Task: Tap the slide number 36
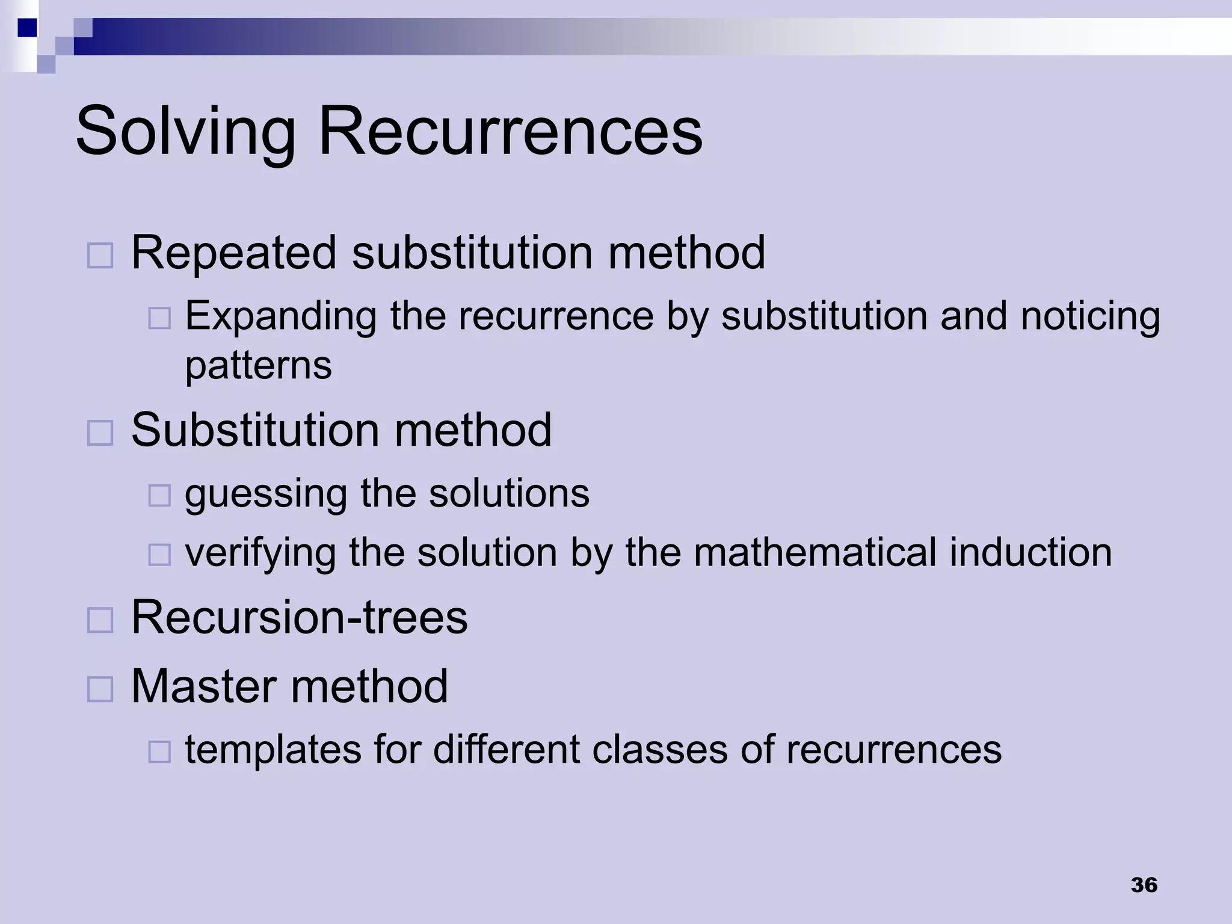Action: point(1144,885)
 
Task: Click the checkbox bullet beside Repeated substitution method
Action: point(100,256)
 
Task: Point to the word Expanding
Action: point(280,316)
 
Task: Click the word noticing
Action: point(1090,316)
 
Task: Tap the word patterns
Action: point(258,365)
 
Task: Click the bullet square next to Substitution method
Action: point(100,433)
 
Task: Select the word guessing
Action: point(265,494)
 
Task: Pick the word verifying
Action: point(260,552)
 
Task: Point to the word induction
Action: point(1030,552)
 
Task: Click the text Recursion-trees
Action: point(299,617)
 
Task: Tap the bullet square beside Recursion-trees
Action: point(100,620)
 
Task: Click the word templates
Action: point(273,750)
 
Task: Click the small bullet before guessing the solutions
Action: point(159,496)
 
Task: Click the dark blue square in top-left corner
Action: point(27,28)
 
